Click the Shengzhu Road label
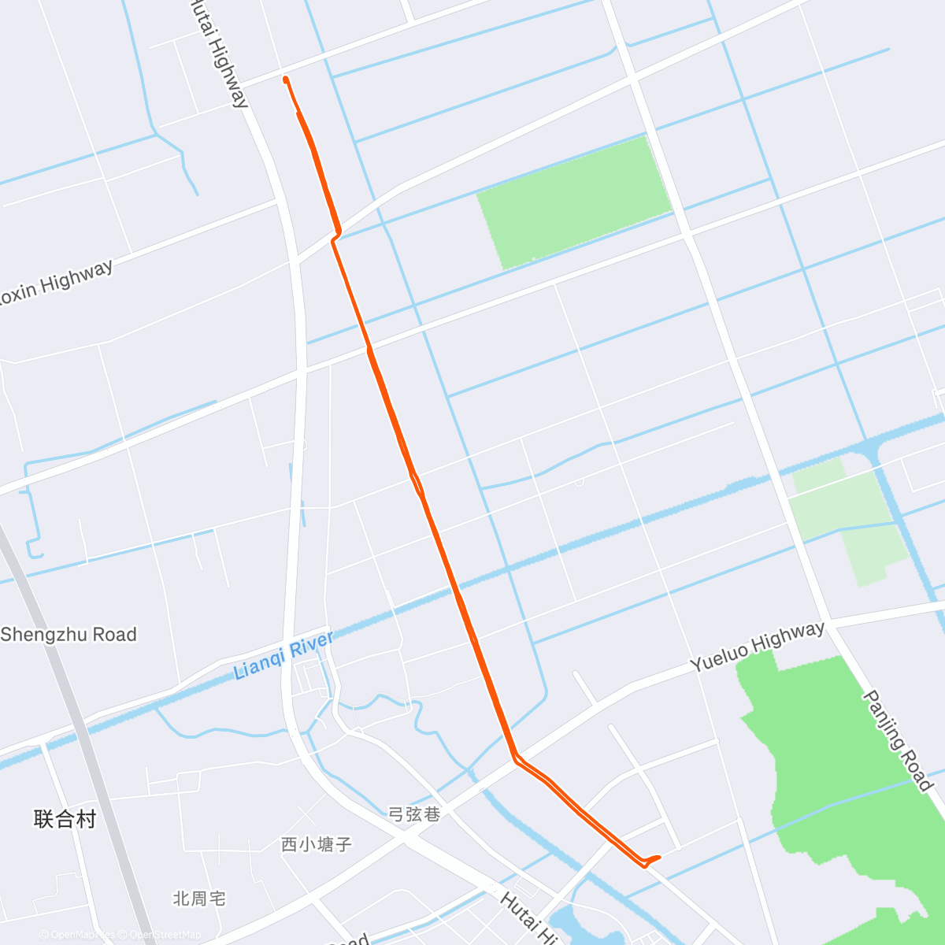[x=69, y=635]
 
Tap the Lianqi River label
[x=284, y=656]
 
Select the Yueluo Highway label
[x=758, y=647]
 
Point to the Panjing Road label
[x=898, y=740]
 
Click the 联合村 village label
[x=65, y=819]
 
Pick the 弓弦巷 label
[x=414, y=813]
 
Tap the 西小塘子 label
[x=317, y=844]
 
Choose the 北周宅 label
[x=199, y=898]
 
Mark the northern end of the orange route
[x=285, y=79]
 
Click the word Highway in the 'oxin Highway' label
[x=77, y=276]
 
